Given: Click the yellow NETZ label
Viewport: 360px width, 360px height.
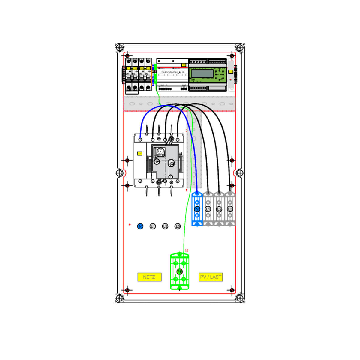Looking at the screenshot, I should coord(149,277).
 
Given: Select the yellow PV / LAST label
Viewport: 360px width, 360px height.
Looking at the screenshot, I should coord(211,277).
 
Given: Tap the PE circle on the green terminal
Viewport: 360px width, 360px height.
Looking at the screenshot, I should coord(179,271).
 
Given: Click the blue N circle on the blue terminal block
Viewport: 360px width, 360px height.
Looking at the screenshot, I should coord(197,209).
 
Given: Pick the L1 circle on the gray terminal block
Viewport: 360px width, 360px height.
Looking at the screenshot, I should coord(208,209).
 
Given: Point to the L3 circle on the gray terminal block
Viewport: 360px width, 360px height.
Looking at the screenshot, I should coord(230,209).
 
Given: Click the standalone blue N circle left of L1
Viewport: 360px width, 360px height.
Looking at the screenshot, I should coord(140,226).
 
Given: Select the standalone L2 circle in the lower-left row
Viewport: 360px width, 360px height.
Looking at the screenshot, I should coord(165,226).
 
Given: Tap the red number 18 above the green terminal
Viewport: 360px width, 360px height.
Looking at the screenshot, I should coord(186,250).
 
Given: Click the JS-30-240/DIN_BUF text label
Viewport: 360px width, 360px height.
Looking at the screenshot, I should coord(172,73).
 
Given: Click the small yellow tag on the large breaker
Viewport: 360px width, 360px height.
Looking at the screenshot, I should coord(139,153).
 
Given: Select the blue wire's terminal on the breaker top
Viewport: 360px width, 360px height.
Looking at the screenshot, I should coord(140,139).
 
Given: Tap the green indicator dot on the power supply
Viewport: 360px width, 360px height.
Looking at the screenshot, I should coord(159,61).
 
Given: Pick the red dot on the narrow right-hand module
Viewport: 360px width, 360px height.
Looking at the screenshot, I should coord(230,79).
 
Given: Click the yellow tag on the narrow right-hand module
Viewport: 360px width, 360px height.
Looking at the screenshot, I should coord(230,72).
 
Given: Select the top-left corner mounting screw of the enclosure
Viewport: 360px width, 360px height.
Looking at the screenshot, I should coord(119,48).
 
